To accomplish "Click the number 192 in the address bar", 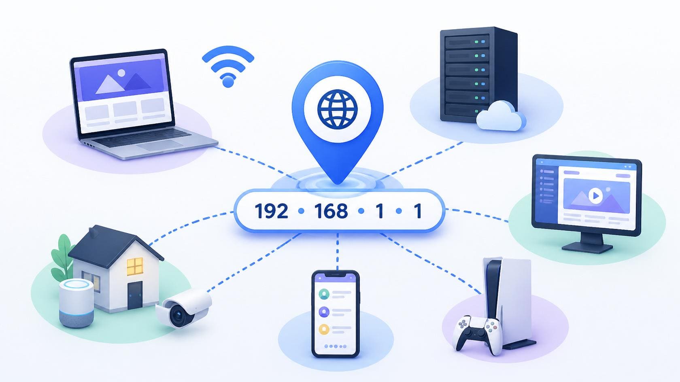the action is (x=271, y=211).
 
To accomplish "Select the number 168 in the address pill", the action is (x=331, y=211).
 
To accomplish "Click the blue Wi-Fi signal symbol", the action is (x=228, y=66).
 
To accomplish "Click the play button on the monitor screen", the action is (x=596, y=196).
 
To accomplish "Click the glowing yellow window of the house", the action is (x=135, y=266).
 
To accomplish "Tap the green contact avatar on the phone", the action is (x=324, y=294).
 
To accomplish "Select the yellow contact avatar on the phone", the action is (x=324, y=329).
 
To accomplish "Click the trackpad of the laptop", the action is (x=160, y=145).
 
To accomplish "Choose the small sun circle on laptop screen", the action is (x=121, y=73).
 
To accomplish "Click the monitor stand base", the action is (x=587, y=248).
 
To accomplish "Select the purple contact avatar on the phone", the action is (x=324, y=312).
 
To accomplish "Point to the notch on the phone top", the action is (x=336, y=275).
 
